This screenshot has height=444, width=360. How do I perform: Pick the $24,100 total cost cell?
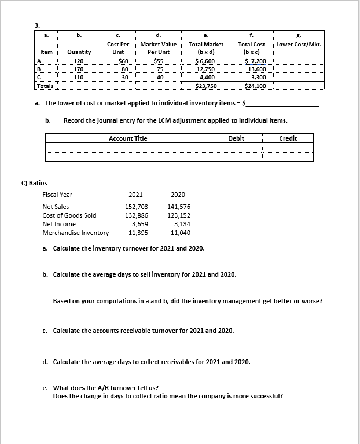pos(255,85)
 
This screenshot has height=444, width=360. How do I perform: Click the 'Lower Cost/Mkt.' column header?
pos(299,44)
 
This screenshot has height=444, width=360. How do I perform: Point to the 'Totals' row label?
pos(45,85)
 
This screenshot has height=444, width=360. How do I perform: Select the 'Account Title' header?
pos(128,138)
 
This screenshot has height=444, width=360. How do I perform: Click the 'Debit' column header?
pos(236,138)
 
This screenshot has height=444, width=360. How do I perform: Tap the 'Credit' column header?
pos(288,138)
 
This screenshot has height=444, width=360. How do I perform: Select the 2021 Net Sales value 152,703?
pos(137,207)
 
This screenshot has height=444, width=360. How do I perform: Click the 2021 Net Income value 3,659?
pos(139,224)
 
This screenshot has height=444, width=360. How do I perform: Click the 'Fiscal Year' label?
pos(58,195)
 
